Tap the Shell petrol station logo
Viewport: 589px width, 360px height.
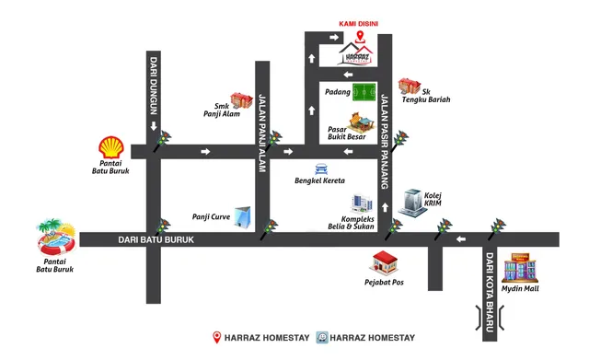(111, 147)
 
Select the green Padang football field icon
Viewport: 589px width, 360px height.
(364, 93)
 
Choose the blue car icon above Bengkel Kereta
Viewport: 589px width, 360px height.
(320, 168)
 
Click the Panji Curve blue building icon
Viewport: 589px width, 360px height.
(243, 217)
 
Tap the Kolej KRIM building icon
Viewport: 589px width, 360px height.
(412, 203)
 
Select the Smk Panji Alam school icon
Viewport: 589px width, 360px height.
(241, 100)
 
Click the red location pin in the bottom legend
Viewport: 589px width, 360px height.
(218, 337)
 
